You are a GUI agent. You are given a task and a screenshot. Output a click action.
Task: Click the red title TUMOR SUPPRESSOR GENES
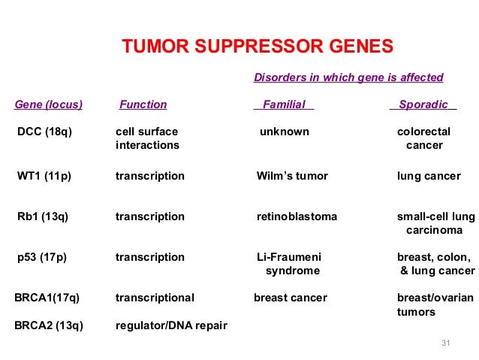point(258,47)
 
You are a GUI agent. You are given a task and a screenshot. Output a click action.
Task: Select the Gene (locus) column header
point(48,104)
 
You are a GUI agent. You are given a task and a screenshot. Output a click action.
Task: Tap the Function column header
point(143,104)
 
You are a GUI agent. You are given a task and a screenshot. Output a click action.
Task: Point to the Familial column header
point(284,104)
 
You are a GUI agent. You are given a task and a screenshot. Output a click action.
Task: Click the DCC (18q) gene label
point(44,132)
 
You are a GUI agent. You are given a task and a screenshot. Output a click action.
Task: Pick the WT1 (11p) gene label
point(44,176)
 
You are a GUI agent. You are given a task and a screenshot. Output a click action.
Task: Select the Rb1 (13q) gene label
point(42,216)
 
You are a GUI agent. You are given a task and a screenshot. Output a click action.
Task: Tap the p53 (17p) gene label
point(41,257)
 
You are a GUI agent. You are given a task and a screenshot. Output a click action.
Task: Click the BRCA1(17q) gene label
point(47,298)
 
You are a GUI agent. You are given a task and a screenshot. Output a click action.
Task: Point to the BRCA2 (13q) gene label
point(49,325)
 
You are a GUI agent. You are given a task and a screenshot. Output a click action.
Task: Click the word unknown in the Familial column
point(284,132)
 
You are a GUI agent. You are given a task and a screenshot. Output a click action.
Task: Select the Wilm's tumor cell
point(292,176)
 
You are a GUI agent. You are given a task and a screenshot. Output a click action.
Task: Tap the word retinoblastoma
point(297,216)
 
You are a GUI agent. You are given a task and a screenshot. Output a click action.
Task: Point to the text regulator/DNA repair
point(171,325)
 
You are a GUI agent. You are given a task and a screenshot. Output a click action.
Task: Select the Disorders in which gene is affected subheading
point(348,77)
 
